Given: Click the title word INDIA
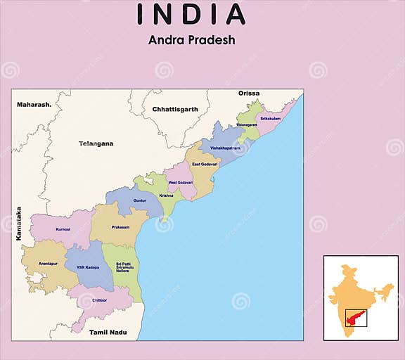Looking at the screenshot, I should coord(191,14).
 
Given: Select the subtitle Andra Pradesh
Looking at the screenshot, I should coord(191,40).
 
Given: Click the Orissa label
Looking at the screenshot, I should coord(249,94).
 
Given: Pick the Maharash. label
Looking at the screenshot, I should coord(34,105).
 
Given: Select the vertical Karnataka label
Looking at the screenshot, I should coord(19,224).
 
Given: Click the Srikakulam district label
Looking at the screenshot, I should coord(271,119).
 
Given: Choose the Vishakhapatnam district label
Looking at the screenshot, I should coord(225,148).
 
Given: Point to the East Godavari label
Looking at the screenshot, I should coord(205,164).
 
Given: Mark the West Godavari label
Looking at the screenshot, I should coord(180,182).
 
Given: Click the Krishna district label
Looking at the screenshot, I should coord(166,195).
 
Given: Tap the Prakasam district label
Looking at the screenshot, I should coord(121,228).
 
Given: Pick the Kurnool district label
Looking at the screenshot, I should coord(63,229).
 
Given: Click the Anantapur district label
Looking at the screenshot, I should coord(48,262).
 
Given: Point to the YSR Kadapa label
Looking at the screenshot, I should coord(88,268).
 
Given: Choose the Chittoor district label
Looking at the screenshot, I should coord(100,300).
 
